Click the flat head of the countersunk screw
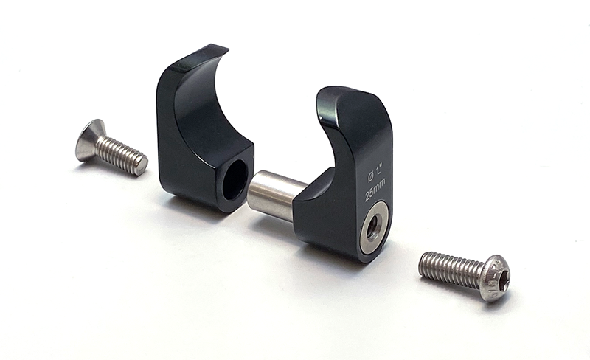[88, 139]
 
